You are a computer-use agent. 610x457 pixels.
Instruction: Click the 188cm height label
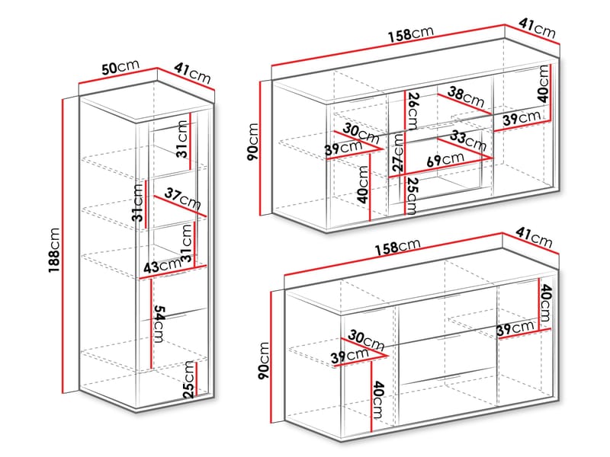coord(54,251)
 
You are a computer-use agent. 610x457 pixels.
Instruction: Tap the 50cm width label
coord(120,67)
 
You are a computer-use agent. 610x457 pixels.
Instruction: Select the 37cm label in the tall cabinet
coord(182,198)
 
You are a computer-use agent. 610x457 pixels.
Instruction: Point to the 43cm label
coord(162,266)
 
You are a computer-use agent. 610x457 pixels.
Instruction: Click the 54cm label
coord(159,324)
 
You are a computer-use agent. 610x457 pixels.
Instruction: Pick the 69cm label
coord(445,159)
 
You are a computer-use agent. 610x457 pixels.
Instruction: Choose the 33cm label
coord(468,141)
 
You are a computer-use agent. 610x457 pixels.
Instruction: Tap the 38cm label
coord(466,97)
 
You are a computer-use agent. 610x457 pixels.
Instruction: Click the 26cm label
coord(413,110)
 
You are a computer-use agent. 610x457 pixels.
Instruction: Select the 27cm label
coord(398,153)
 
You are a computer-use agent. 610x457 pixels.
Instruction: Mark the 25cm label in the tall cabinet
coord(189,379)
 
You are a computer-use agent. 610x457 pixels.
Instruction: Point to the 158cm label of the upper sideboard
coord(410,34)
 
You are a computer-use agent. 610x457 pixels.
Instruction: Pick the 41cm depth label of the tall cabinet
coord(192,73)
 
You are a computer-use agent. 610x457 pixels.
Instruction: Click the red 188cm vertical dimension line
coord(63,246)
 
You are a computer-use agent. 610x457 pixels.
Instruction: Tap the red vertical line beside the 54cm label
coord(150,323)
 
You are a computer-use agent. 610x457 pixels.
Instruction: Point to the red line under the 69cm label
coord(441,167)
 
